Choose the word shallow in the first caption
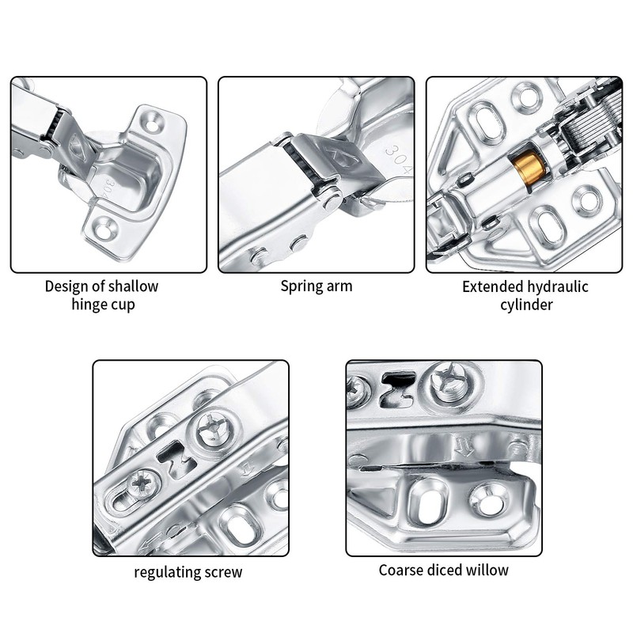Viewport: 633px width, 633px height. click(x=131, y=286)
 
